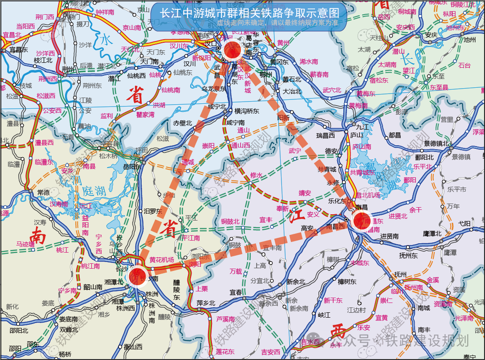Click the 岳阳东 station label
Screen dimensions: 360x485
(132, 167)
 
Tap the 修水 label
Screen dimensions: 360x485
(257, 175)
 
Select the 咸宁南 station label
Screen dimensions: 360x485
(236, 122)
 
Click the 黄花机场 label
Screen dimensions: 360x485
(162, 260)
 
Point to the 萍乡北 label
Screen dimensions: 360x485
(206, 303)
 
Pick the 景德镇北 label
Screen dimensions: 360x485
(436, 143)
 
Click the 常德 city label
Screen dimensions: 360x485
(44, 192)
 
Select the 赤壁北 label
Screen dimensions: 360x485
(183, 123)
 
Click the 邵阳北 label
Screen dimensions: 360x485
(19, 331)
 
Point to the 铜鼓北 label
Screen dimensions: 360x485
(230, 221)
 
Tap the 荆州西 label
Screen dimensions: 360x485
(48, 79)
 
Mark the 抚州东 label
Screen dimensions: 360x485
(408, 255)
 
